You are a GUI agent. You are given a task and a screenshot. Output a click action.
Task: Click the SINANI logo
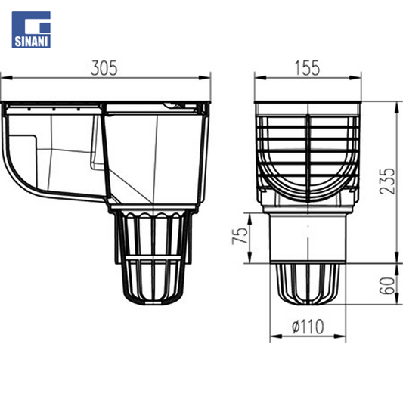point(31,29)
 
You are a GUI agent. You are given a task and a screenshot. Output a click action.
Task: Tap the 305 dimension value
point(104,68)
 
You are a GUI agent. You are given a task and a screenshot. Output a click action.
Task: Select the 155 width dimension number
point(308,68)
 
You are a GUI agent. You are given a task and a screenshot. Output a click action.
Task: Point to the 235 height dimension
point(387,181)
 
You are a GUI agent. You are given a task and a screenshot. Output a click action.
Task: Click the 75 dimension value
point(240,235)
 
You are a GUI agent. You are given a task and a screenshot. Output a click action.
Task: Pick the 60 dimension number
point(387,285)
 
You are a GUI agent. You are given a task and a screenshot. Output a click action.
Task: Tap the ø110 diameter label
point(308,327)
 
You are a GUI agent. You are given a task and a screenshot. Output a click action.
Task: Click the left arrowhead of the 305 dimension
point(6,78)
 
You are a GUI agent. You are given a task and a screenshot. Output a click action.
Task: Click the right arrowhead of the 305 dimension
point(204,78)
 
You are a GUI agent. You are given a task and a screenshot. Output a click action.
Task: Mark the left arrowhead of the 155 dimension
point(261,78)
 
